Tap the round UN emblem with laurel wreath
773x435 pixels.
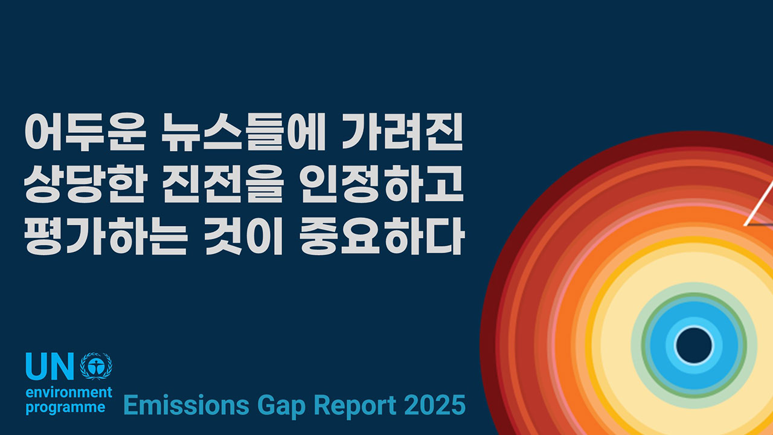[96, 366]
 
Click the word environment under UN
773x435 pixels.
[69, 393]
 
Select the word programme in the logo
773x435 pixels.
[65, 408]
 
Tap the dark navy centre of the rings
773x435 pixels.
[694, 346]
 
